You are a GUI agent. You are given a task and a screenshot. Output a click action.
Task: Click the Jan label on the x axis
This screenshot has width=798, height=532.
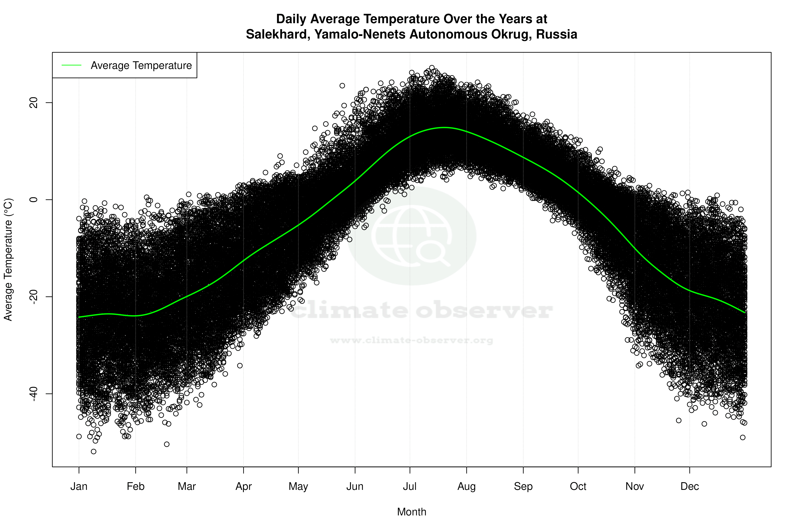(x=79, y=486)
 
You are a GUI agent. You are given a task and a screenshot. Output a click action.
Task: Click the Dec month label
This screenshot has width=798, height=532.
(x=689, y=486)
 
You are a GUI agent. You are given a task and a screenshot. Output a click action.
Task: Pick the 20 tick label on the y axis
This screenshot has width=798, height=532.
(x=34, y=103)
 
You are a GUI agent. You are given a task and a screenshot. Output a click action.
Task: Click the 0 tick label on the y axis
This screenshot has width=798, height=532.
(x=34, y=200)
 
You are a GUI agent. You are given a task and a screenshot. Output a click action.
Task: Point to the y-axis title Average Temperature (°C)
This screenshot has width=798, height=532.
(x=8, y=260)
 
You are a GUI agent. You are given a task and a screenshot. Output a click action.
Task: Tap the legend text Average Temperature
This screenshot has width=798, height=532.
(x=141, y=66)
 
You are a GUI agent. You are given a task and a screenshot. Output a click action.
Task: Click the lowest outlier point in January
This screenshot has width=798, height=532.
(x=94, y=451)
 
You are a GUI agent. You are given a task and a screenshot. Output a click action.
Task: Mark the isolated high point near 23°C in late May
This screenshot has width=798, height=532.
(x=342, y=86)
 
